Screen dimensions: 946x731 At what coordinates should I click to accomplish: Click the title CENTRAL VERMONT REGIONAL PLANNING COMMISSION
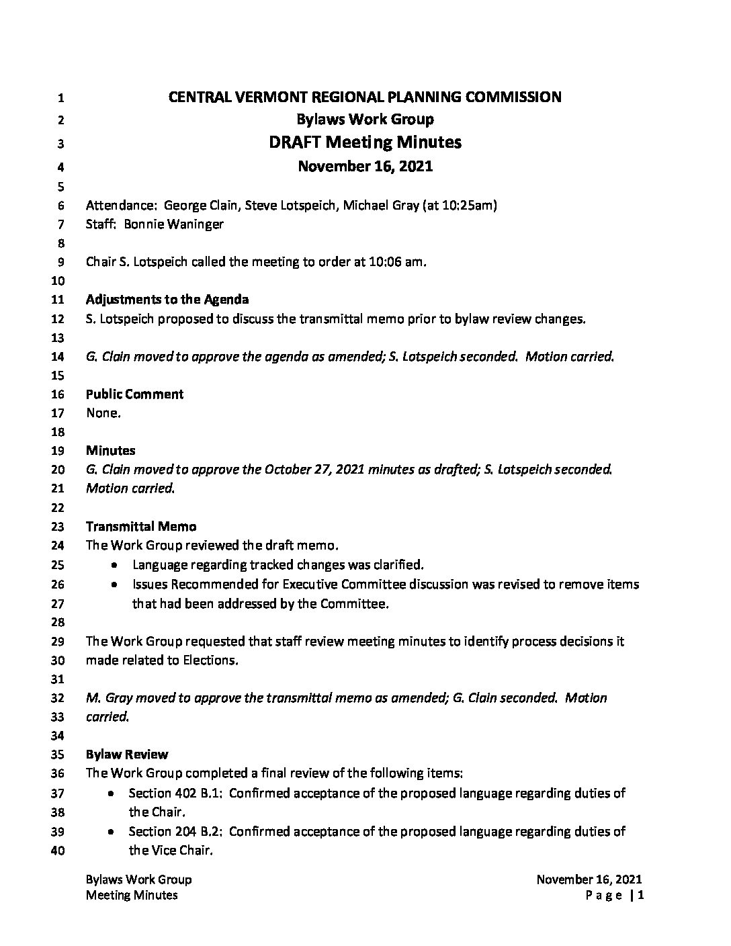pyautogui.click(x=365, y=97)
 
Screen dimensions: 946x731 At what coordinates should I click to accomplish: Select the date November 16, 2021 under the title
pyautogui.click(x=365, y=166)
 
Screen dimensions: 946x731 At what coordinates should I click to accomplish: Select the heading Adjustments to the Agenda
pyautogui.click(x=167, y=300)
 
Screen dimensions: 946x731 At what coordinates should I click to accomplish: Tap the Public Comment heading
pyautogui.click(x=134, y=394)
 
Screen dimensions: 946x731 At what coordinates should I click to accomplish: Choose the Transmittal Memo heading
pyautogui.click(x=141, y=527)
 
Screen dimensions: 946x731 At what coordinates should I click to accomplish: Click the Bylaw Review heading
pyautogui.click(x=127, y=755)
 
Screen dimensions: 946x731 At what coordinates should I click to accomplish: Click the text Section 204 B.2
pyautogui.click(x=175, y=832)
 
